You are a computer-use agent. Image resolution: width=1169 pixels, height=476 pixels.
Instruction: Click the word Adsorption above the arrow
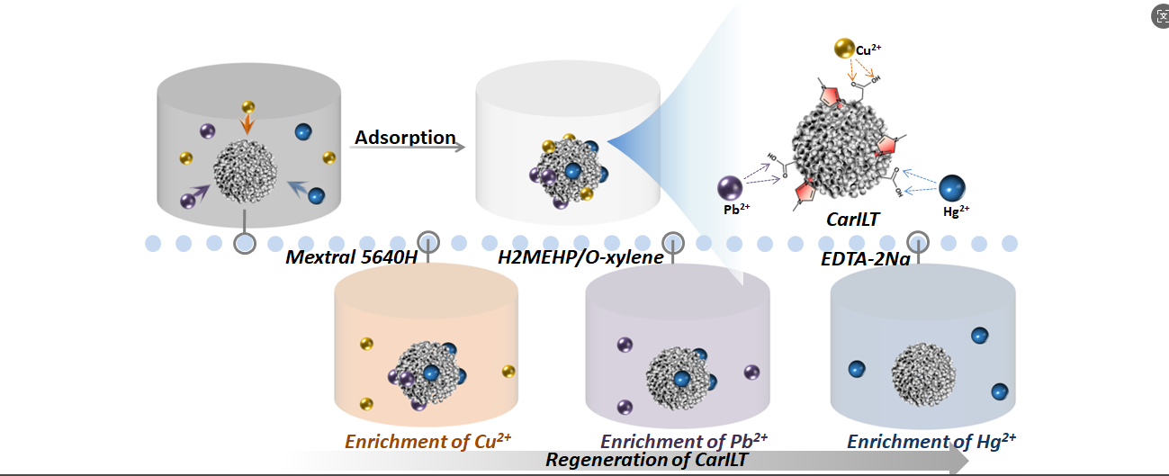pyautogui.click(x=405, y=138)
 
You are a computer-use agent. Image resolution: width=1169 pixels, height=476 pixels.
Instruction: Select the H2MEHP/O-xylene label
pyautogui.click(x=580, y=258)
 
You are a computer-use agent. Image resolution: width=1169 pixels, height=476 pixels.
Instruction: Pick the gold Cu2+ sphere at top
pyautogui.click(x=844, y=49)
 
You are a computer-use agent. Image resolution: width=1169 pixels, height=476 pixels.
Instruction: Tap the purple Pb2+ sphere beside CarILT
pyautogui.click(x=730, y=188)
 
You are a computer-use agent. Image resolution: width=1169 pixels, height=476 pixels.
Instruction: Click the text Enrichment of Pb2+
pyautogui.click(x=684, y=441)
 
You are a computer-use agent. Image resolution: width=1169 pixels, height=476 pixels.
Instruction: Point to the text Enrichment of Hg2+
pyautogui.click(x=931, y=441)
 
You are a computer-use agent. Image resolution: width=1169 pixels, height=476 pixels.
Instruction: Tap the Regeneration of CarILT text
pyautogui.click(x=647, y=459)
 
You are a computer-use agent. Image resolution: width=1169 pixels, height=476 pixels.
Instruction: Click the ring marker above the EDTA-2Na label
pyautogui.click(x=917, y=241)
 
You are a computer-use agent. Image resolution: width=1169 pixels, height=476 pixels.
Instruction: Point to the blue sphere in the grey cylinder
pyautogui.click(x=304, y=132)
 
